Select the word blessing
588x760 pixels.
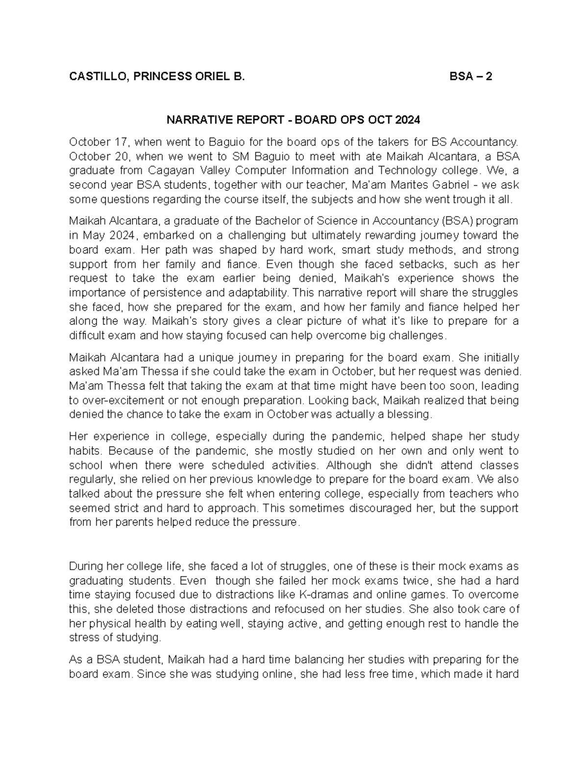pyautogui.click(x=409, y=415)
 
